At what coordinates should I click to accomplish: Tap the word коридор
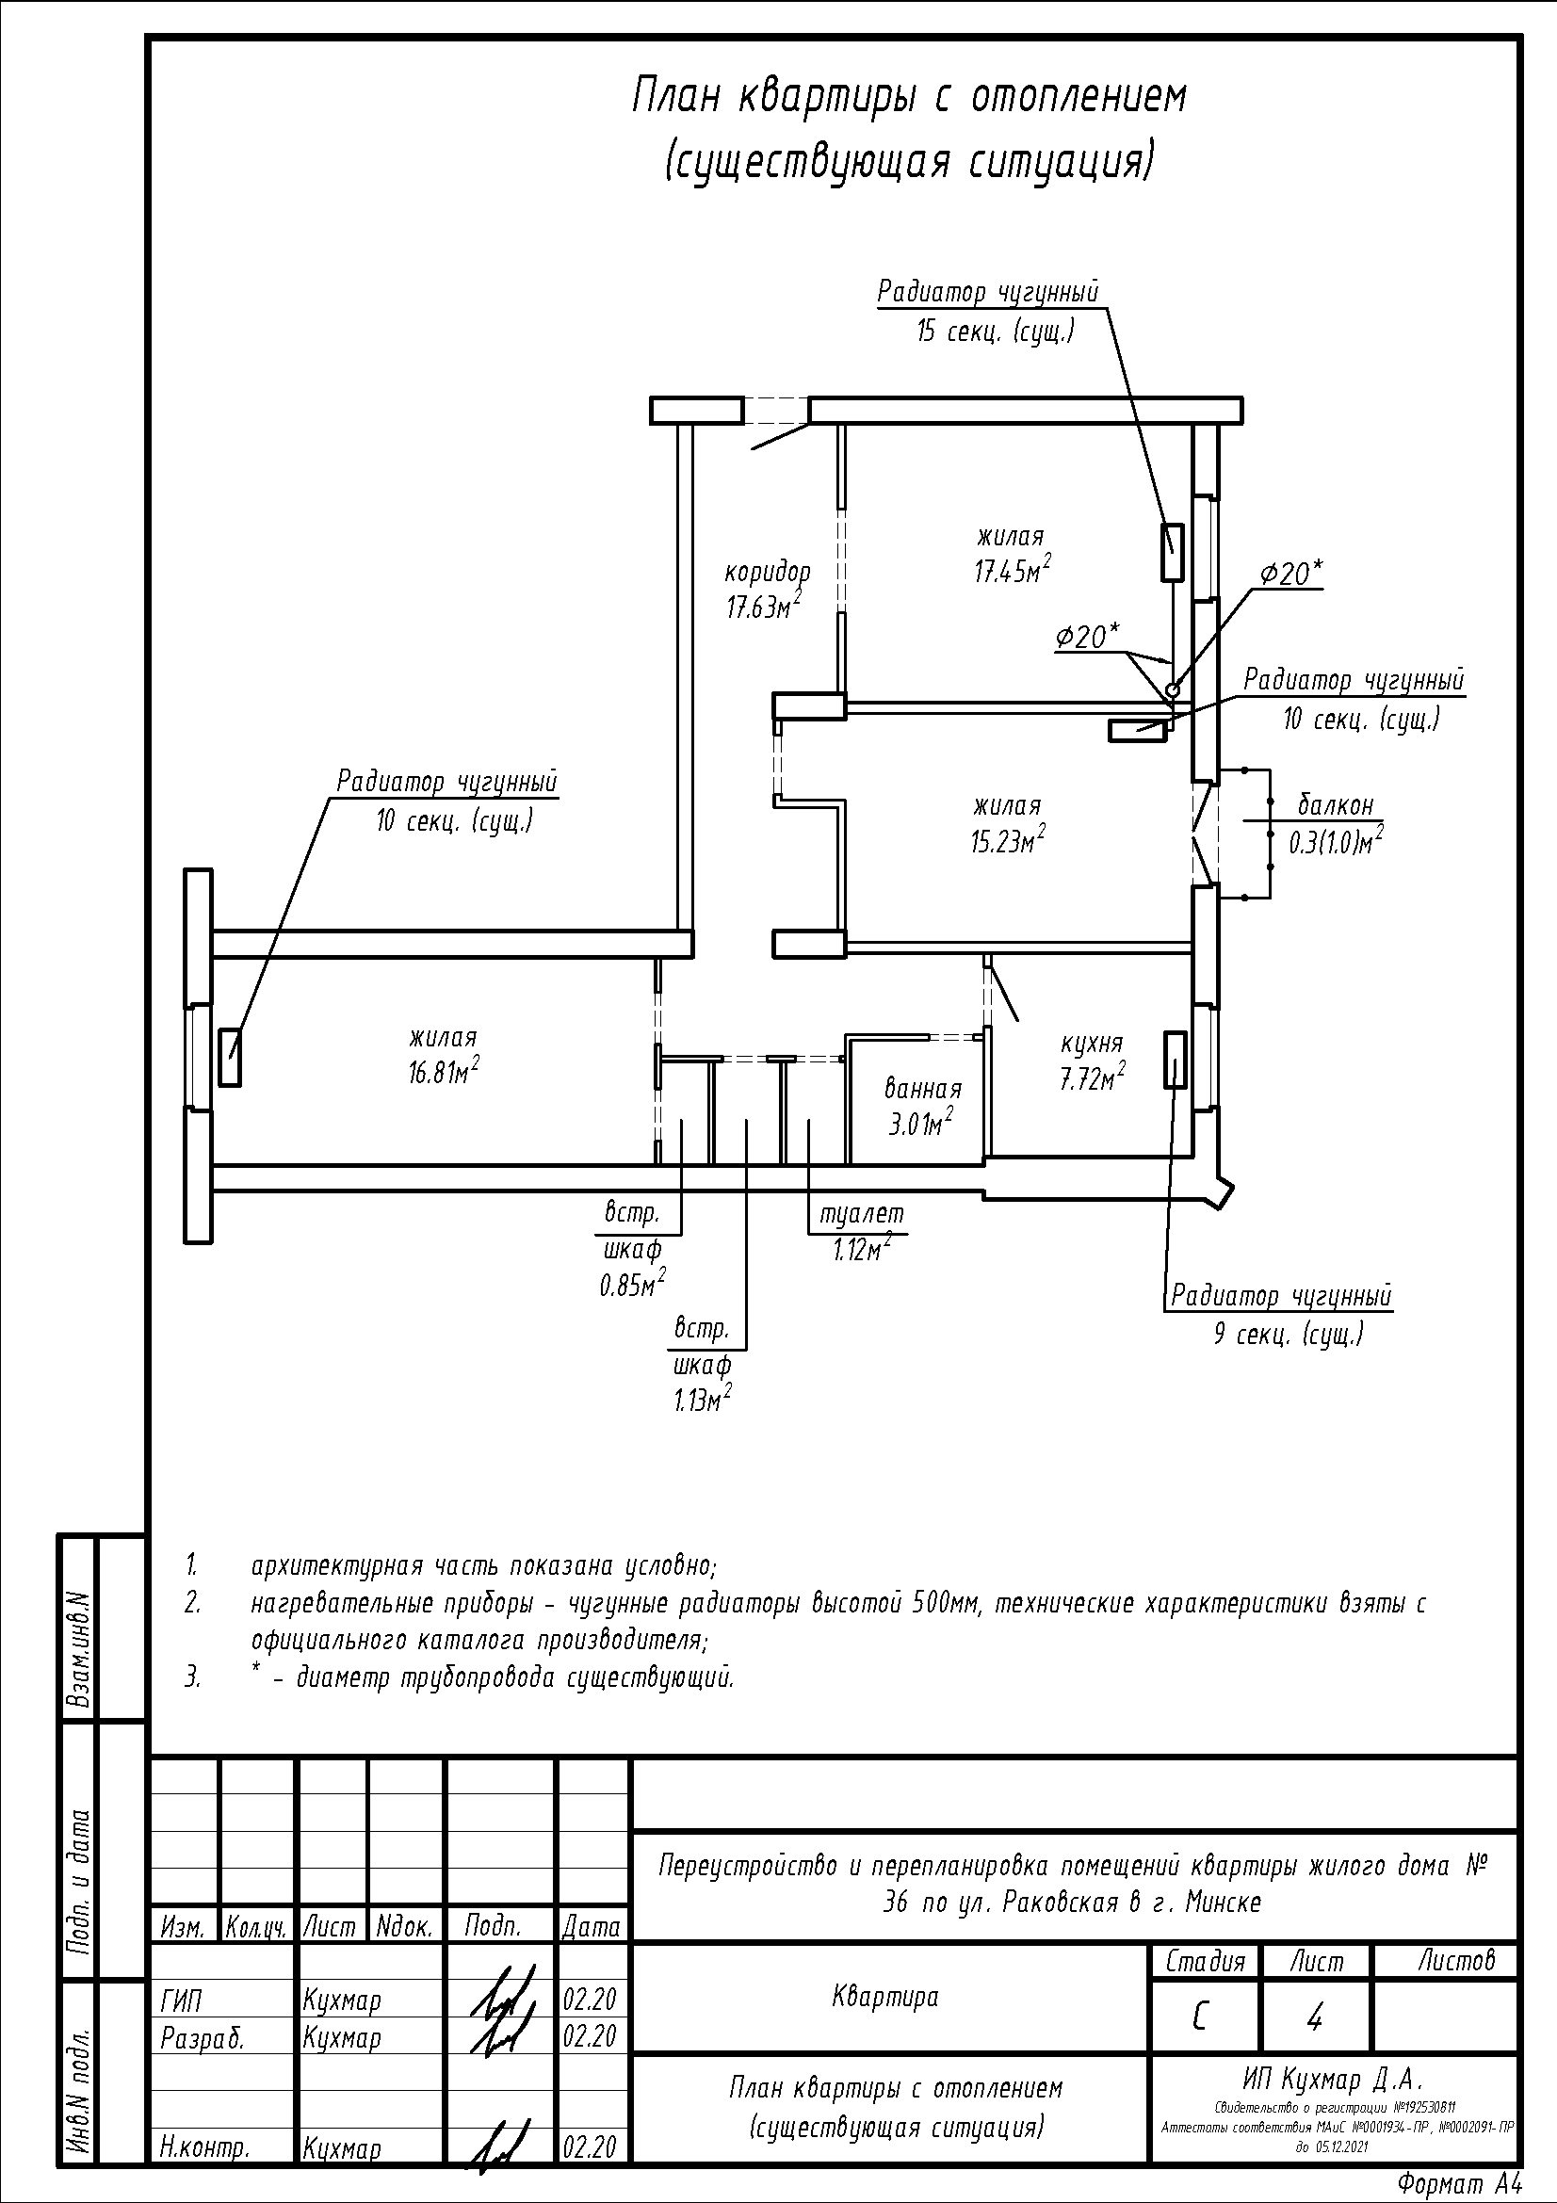pos(767,574)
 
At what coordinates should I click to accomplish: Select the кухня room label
pos(1092,1043)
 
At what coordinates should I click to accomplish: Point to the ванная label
pos(923,1089)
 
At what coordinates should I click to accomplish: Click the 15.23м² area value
pos(1007,839)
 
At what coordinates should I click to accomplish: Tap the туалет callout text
pos(862,1214)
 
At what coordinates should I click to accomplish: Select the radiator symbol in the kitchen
pos(1176,1060)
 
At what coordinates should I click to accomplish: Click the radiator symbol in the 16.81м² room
pos(229,1058)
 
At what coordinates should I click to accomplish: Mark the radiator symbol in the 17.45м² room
pos(1172,552)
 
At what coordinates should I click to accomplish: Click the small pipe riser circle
pos(1172,688)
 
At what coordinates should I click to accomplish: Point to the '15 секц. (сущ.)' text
pos(995,332)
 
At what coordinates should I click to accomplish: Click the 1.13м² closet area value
pos(703,1400)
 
